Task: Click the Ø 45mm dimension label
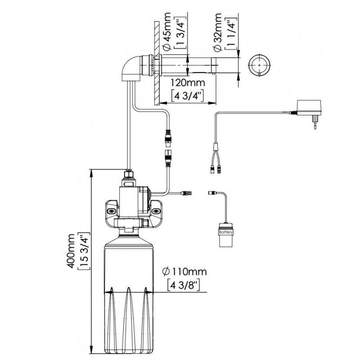(x=167, y=31)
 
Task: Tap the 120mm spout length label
(x=187, y=83)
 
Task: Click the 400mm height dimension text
(x=72, y=251)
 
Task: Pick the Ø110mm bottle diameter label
(x=184, y=272)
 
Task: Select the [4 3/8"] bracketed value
(x=184, y=285)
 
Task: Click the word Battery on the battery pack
(x=226, y=232)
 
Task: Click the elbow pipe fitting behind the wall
(x=131, y=68)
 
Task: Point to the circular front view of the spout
(x=260, y=65)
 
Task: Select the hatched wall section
(x=157, y=63)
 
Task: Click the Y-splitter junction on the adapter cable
(x=216, y=147)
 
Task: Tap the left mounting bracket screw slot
(x=112, y=211)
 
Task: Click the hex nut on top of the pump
(x=129, y=174)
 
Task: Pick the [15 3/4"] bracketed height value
(x=84, y=251)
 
